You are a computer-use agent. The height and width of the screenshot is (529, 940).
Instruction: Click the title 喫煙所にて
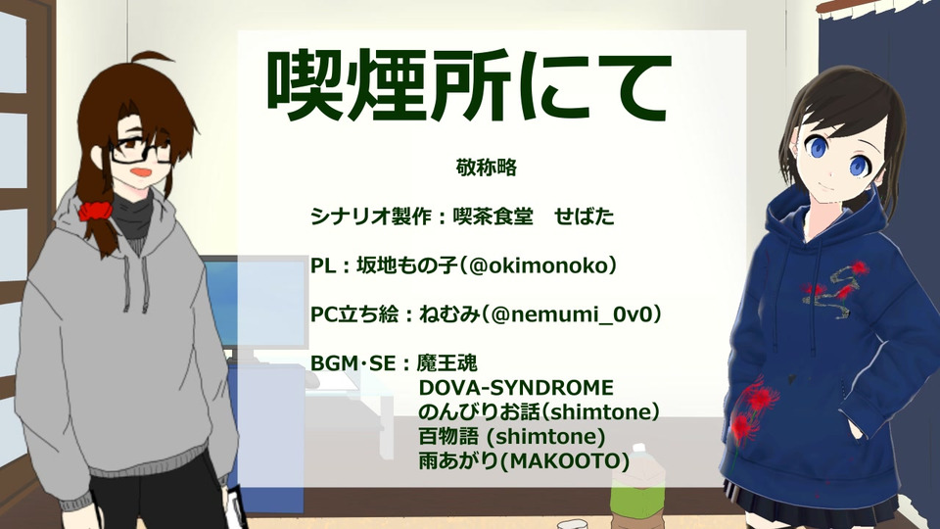point(468,86)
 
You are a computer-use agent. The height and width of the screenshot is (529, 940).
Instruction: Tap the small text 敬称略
point(487,168)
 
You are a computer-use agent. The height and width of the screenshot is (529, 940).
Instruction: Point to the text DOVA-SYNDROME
point(516,388)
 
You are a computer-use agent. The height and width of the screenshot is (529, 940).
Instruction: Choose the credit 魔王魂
point(446,362)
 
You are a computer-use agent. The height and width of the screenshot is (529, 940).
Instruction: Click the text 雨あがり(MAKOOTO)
point(524,460)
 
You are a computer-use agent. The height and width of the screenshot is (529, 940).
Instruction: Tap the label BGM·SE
point(353,363)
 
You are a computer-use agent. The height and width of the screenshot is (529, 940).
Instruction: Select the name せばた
point(585,216)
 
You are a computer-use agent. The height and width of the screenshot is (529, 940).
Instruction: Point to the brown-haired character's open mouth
point(141,173)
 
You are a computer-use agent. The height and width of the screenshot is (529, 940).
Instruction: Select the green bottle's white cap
point(639,449)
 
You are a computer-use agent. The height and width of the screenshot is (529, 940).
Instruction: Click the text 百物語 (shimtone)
point(511,436)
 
